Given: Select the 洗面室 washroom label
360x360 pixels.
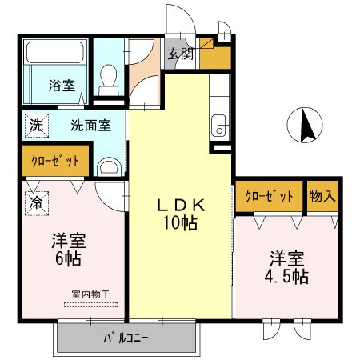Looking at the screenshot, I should (90, 125).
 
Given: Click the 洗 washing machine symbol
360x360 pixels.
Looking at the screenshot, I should (36, 125).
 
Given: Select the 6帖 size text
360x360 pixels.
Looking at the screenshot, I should (68, 258).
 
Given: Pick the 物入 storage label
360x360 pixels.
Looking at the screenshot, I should (322, 196).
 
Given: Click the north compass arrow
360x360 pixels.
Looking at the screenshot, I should (305, 125).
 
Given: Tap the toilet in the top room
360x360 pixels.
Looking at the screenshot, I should (107, 77).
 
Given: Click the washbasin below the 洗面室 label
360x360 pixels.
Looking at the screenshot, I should (109, 166).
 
